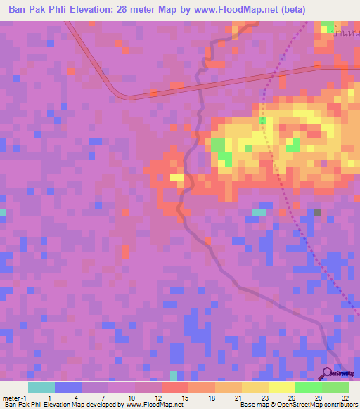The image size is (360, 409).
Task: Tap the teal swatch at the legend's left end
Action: coord(41,387)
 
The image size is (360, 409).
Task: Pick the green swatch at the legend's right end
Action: coord(335,387)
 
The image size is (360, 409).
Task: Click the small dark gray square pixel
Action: coord(317,212)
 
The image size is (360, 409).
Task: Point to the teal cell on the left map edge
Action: coord(3,212)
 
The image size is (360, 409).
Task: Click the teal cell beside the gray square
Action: coord(259,212)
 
